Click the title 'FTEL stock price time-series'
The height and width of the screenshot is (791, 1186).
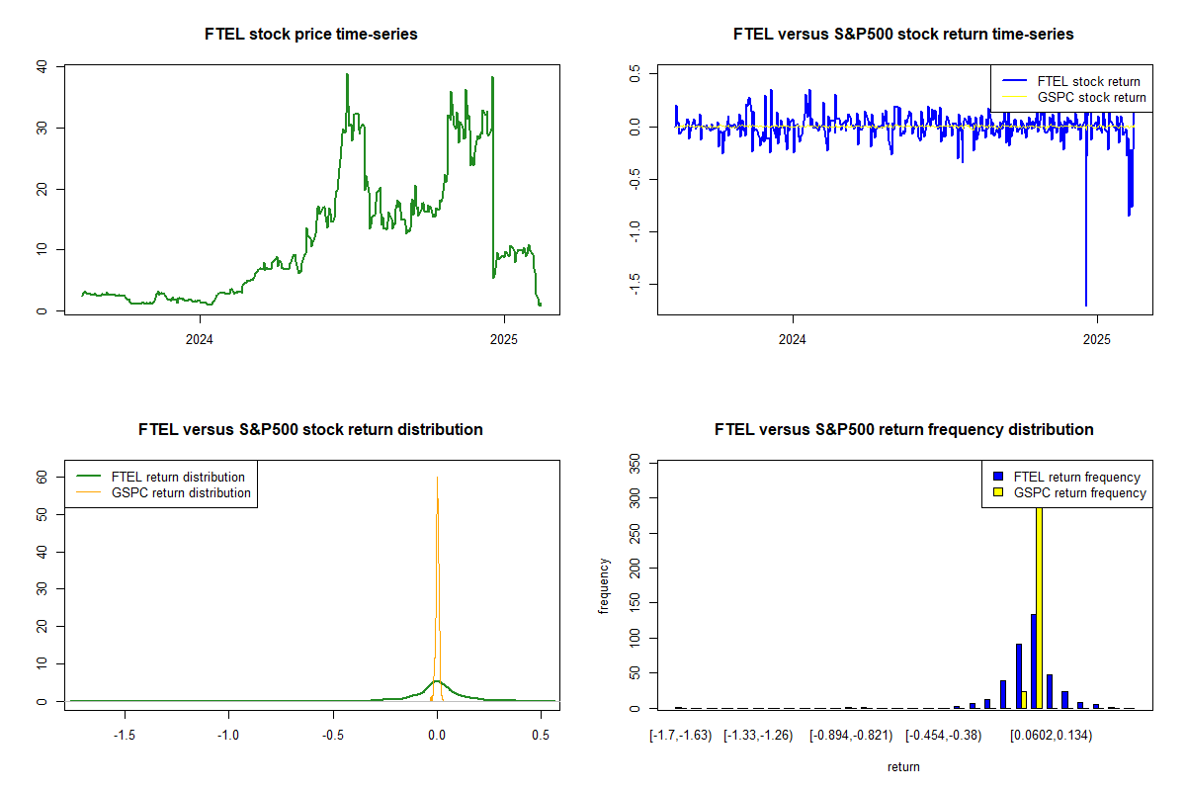pyautogui.click(x=311, y=35)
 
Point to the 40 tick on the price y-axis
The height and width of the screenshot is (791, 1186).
pyautogui.click(x=42, y=67)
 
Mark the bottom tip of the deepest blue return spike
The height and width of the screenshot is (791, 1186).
pyautogui.click(x=1086, y=306)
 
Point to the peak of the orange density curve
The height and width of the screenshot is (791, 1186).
pyautogui.click(x=437, y=477)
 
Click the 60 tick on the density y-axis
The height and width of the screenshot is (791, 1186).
pyautogui.click(x=42, y=476)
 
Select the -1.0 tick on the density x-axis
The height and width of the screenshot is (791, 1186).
pyautogui.click(x=229, y=736)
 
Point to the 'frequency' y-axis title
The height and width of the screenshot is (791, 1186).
pyautogui.click(x=604, y=585)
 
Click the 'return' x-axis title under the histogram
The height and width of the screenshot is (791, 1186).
pyautogui.click(x=903, y=766)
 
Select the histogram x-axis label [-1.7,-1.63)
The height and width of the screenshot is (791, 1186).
pyautogui.click(x=680, y=736)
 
